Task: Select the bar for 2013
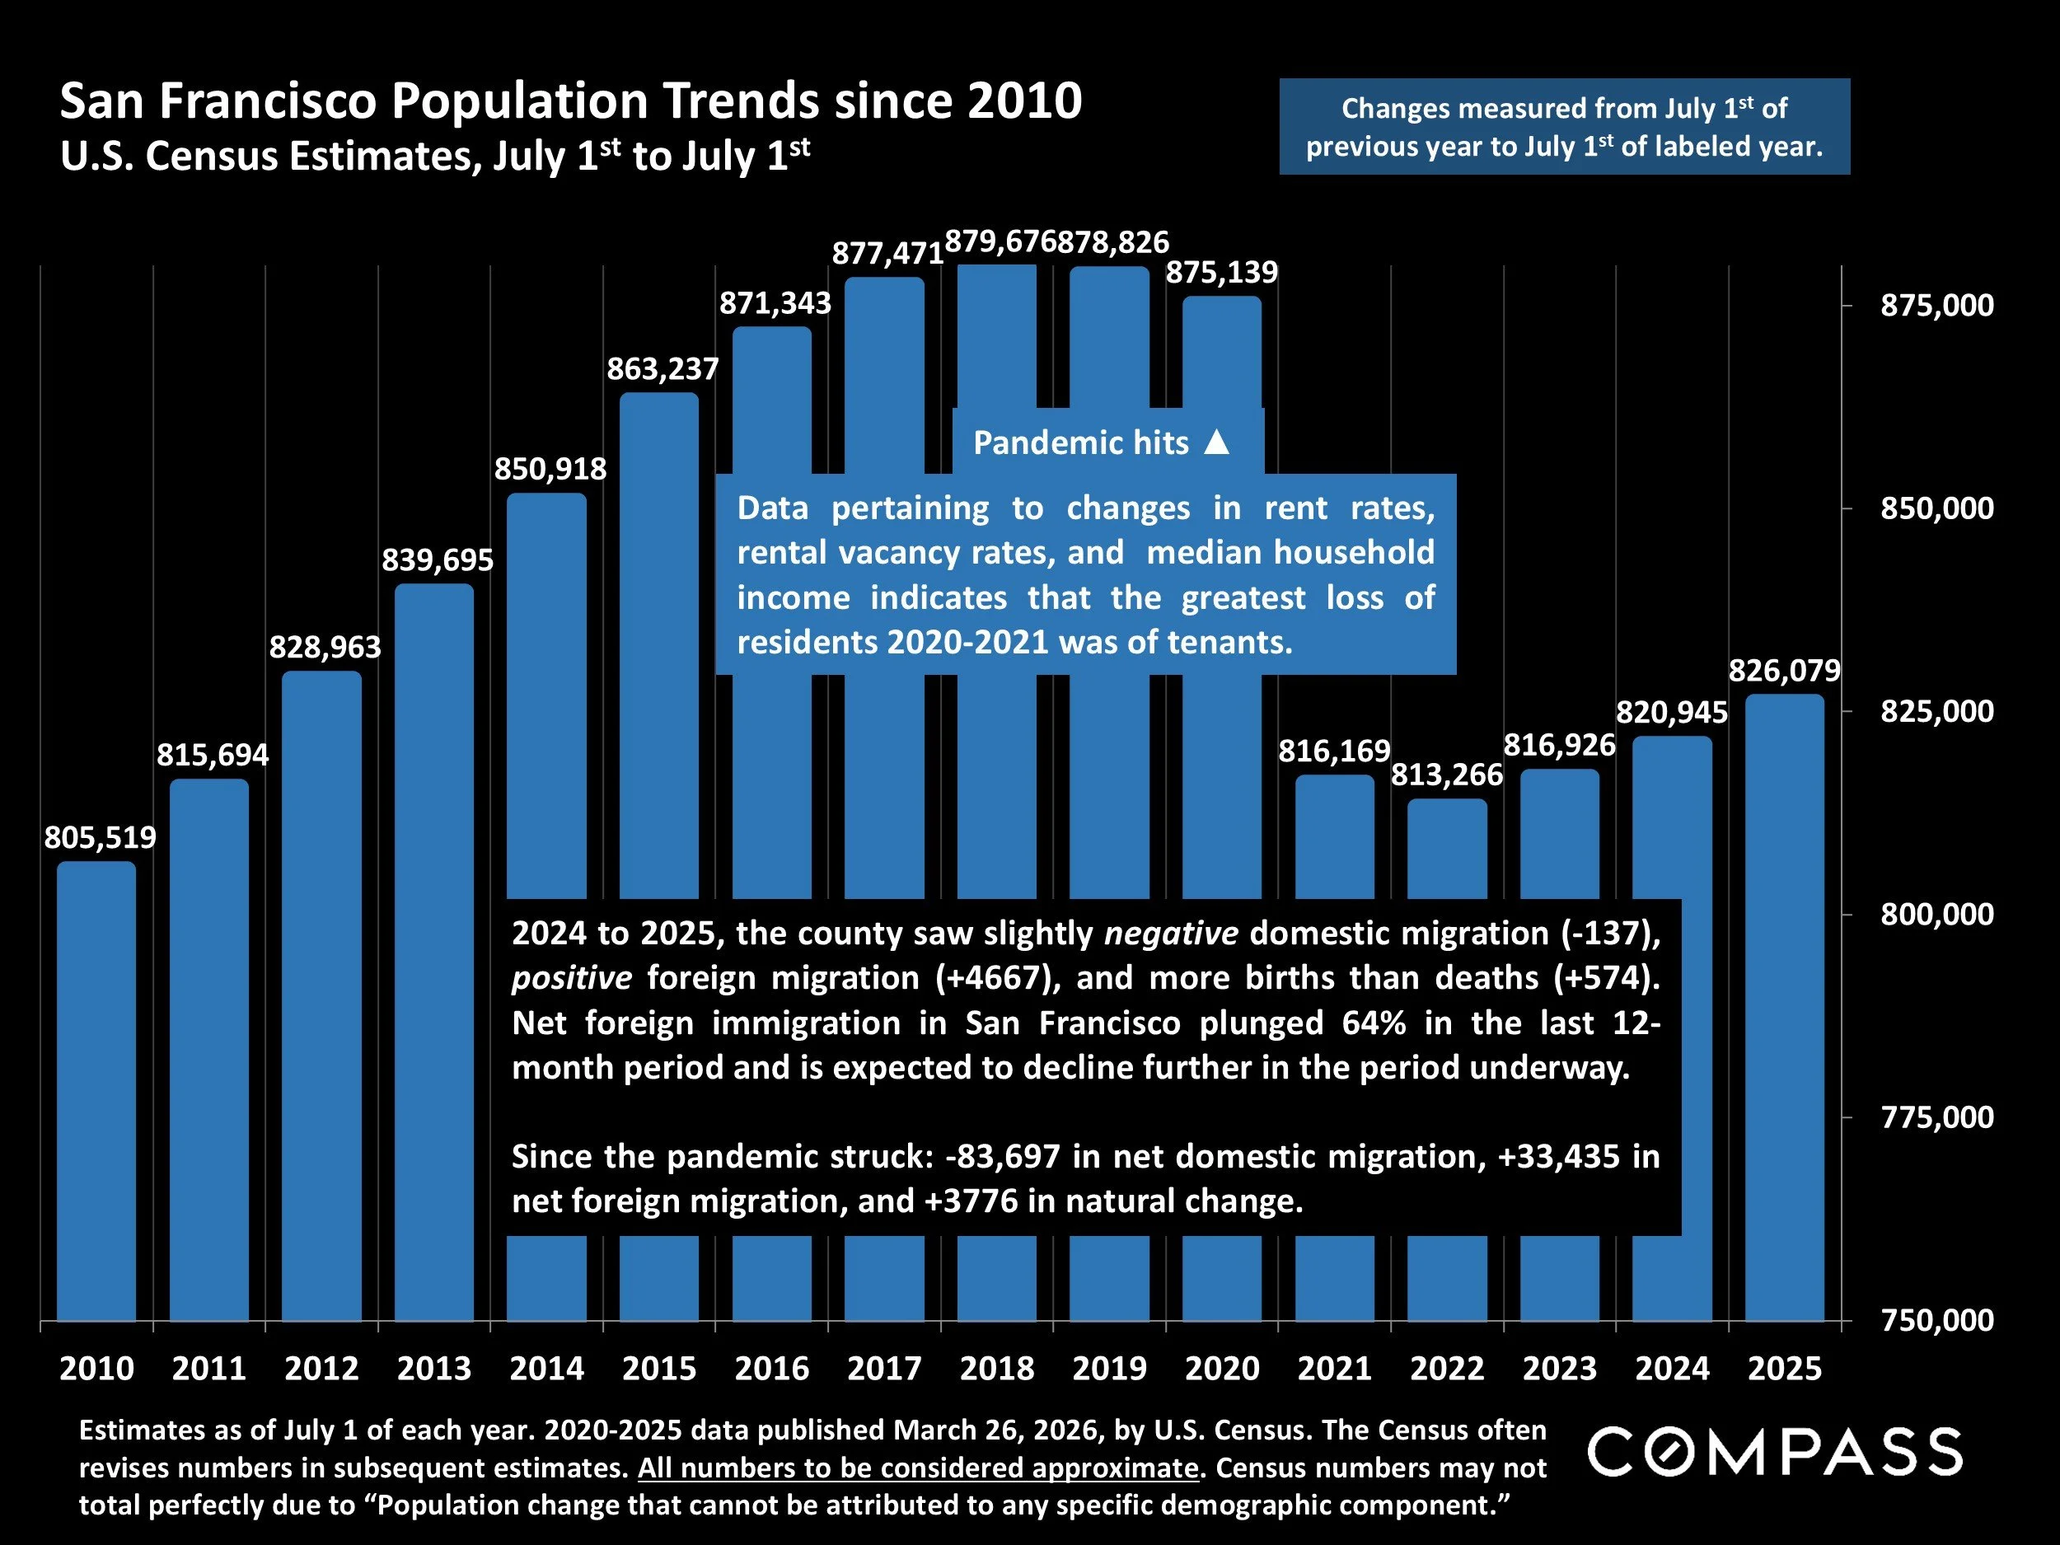point(434,950)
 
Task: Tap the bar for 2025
point(1784,1006)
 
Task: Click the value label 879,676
point(1000,242)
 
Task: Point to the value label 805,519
point(101,837)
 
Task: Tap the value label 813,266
point(1447,775)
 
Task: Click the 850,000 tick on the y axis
point(1937,508)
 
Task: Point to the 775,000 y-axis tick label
point(1937,1117)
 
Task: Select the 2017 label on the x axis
point(884,1368)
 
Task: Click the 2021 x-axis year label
point(1335,1368)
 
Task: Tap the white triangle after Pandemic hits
point(1216,442)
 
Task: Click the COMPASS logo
point(1775,1452)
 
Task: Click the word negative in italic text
point(1171,933)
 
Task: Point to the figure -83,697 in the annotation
point(1002,1157)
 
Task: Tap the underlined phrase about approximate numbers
point(917,1468)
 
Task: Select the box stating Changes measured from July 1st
point(1565,127)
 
